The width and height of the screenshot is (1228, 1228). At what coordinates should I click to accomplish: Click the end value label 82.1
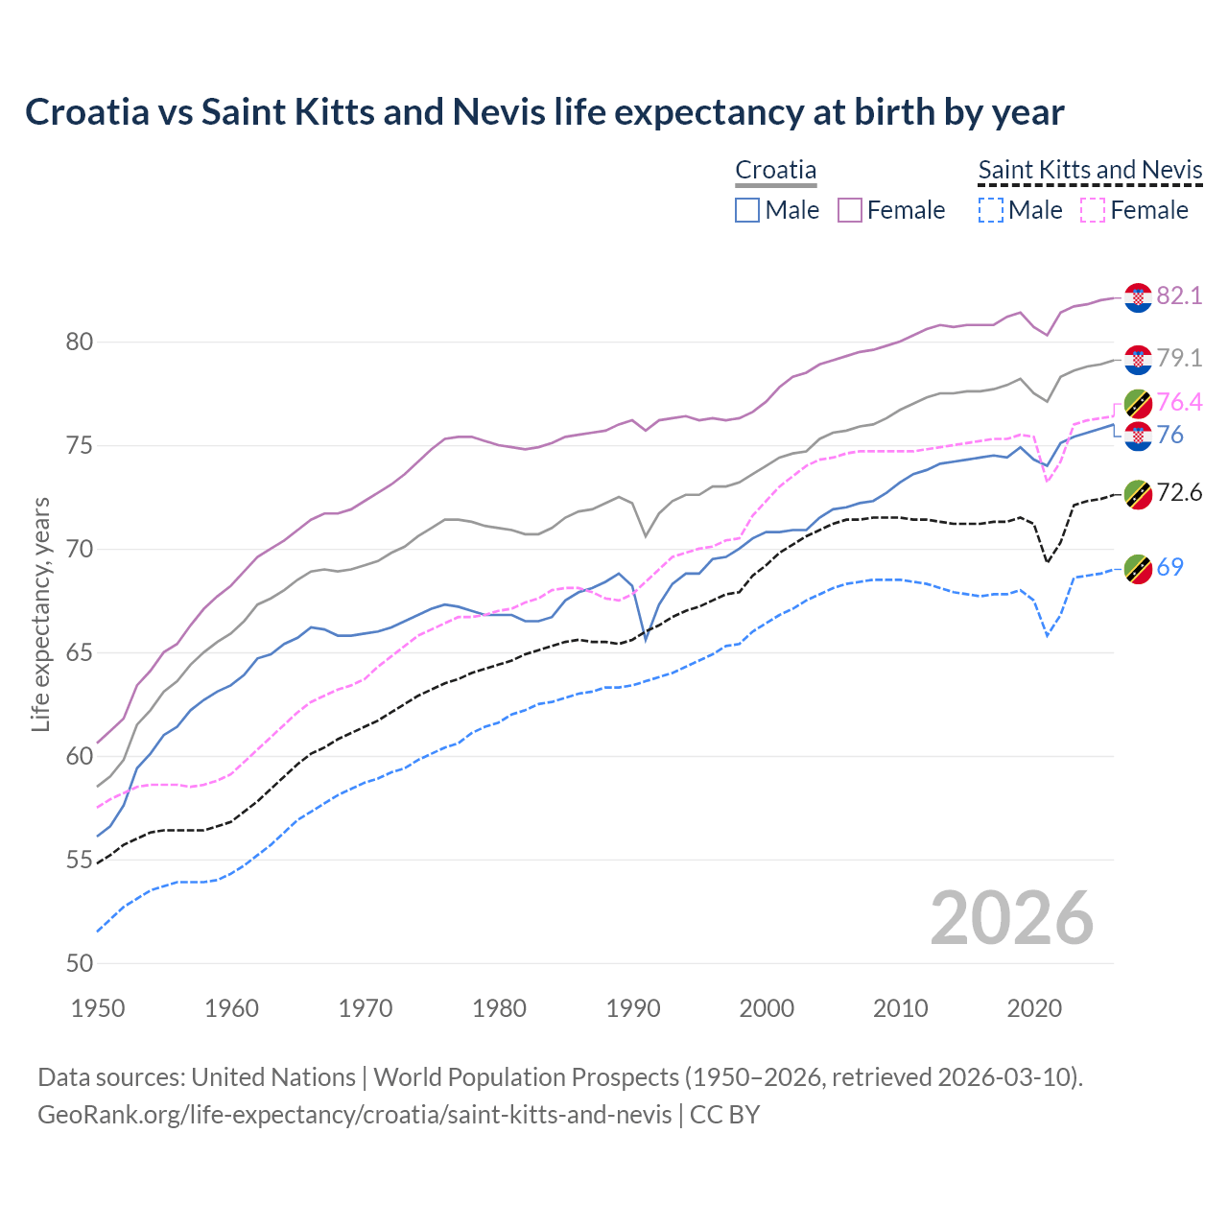(1179, 295)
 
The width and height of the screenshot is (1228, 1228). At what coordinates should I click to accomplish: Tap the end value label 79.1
(1179, 358)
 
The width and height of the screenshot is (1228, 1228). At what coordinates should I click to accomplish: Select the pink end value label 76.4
(1179, 402)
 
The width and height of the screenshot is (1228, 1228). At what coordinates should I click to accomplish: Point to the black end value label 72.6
(1179, 493)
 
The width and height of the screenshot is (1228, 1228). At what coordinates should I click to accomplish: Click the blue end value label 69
(1169, 567)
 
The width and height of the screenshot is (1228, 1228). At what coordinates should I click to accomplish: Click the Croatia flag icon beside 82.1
(1138, 297)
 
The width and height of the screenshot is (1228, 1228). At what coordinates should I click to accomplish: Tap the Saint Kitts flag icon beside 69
(1138, 568)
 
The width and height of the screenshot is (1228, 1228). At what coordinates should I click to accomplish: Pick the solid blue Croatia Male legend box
(747, 210)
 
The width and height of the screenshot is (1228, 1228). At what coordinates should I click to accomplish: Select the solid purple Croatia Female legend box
(850, 210)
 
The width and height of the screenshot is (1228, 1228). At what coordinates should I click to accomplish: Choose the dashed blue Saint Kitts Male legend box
(991, 210)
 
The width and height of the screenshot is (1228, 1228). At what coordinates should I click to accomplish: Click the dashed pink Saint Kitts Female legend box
(1093, 210)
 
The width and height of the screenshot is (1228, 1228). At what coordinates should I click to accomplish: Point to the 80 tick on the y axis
(80, 342)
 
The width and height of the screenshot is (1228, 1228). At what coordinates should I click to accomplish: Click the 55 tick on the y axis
(80, 861)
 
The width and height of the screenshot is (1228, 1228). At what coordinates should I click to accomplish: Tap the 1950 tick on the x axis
(98, 1008)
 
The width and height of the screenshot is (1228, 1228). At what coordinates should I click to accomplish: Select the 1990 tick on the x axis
(633, 1008)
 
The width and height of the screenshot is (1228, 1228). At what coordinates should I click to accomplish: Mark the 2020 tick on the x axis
(1035, 1008)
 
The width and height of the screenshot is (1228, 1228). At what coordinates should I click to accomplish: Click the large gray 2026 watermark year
(1011, 918)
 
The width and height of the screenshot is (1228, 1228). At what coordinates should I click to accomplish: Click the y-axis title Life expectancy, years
(40, 614)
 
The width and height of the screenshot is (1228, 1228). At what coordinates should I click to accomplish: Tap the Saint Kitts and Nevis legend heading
(1090, 170)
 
